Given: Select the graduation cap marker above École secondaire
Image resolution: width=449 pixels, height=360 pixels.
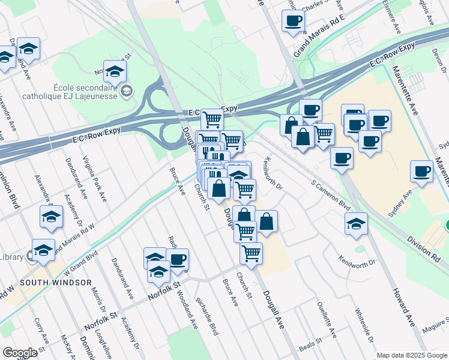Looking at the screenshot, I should (x=115, y=73).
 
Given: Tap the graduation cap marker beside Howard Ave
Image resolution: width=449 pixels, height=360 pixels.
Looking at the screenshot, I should (x=356, y=224).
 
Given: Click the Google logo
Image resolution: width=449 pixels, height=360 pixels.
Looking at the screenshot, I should (x=20, y=353).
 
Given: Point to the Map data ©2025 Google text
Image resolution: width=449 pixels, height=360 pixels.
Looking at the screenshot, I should (x=411, y=355).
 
